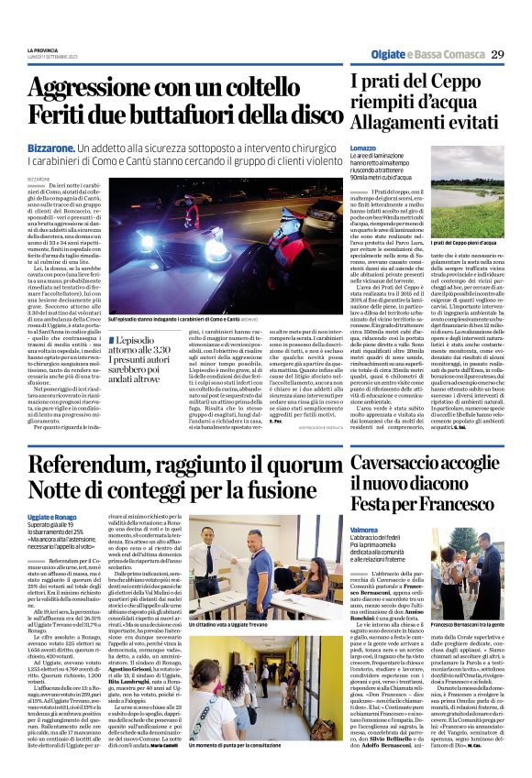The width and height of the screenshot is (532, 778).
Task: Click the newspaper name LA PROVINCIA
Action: (43, 49)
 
